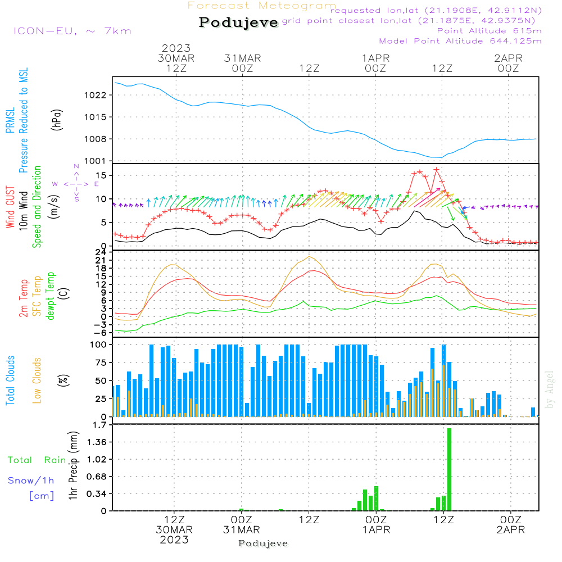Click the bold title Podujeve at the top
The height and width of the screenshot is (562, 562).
(x=238, y=22)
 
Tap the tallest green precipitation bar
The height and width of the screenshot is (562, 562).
(x=449, y=469)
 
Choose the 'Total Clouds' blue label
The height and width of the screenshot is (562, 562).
(x=10, y=380)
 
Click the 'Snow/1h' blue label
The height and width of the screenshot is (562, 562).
(x=31, y=481)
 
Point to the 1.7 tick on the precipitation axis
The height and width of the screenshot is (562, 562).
(x=99, y=425)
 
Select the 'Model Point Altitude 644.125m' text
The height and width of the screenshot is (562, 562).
(x=460, y=41)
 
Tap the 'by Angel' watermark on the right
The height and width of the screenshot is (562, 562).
(x=550, y=389)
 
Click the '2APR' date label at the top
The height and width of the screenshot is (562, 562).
(x=508, y=58)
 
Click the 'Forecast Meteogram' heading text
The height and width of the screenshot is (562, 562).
(x=262, y=6)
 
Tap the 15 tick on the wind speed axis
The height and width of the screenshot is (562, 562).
(x=101, y=175)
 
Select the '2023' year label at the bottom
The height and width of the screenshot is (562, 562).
(x=174, y=540)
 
